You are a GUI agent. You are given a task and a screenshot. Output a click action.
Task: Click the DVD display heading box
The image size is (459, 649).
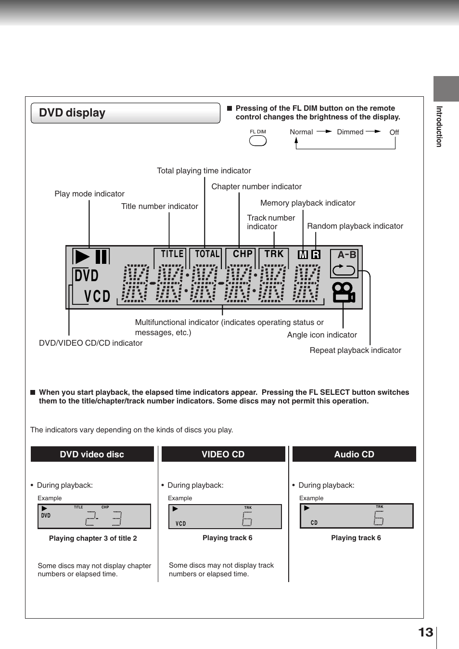pyautogui.click(x=125, y=113)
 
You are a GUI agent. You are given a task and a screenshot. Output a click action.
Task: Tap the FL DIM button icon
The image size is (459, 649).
pyautogui.click(x=257, y=141)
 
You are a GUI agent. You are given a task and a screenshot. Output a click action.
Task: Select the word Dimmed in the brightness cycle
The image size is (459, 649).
pyautogui.click(x=350, y=132)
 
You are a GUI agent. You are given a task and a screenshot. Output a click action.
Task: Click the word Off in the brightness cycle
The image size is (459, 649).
pyautogui.click(x=394, y=132)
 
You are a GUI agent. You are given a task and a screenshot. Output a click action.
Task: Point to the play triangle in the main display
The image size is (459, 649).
pyautogui.click(x=82, y=257)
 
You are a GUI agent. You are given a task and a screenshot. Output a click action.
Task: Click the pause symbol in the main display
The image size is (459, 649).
pyautogui.click(x=101, y=257)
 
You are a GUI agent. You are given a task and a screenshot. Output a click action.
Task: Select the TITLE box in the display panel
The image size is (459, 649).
pyautogui.click(x=172, y=254)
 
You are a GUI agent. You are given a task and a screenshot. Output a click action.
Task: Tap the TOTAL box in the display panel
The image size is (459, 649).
pyautogui.click(x=207, y=254)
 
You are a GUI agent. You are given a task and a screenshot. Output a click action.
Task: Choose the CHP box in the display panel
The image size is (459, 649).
pyautogui.click(x=242, y=254)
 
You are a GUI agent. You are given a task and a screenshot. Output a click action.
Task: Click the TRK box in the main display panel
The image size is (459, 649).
pyautogui.click(x=274, y=254)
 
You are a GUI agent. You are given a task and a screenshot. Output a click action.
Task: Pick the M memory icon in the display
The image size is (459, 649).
pyautogui.click(x=303, y=255)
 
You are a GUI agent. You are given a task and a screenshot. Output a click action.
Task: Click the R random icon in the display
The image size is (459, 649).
pyautogui.click(x=316, y=255)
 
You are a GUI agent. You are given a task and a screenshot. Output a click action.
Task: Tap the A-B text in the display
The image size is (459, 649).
pyautogui.click(x=346, y=255)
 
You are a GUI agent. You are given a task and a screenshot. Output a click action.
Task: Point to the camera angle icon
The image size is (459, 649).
pyautogui.click(x=344, y=292)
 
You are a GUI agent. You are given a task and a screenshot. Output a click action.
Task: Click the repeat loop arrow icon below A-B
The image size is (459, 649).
pyautogui.click(x=344, y=270)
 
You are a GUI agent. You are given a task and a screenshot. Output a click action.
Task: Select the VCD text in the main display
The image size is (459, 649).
pyautogui.click(x=97, y=296)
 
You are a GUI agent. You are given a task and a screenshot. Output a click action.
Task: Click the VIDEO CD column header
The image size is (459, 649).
pyautogui.click(x=223, y=454)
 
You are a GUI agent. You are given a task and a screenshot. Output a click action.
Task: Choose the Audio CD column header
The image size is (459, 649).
pyautogui.click(x=354, y=454)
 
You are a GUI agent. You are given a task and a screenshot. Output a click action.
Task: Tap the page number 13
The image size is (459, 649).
pyautogui.click(x=425, y=632)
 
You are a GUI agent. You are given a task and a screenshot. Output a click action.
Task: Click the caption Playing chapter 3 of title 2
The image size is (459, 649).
pyautogui.click(x=93, y=538)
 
